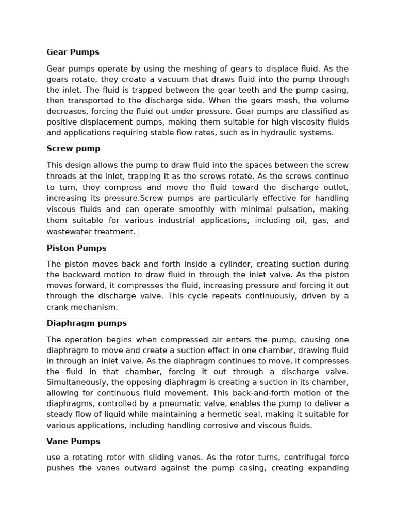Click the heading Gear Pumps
coord(73,52)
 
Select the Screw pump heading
coord(73,149)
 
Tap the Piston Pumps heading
coord(76,248)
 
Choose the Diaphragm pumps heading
coord(86,324)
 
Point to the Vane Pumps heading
coord(73,442)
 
